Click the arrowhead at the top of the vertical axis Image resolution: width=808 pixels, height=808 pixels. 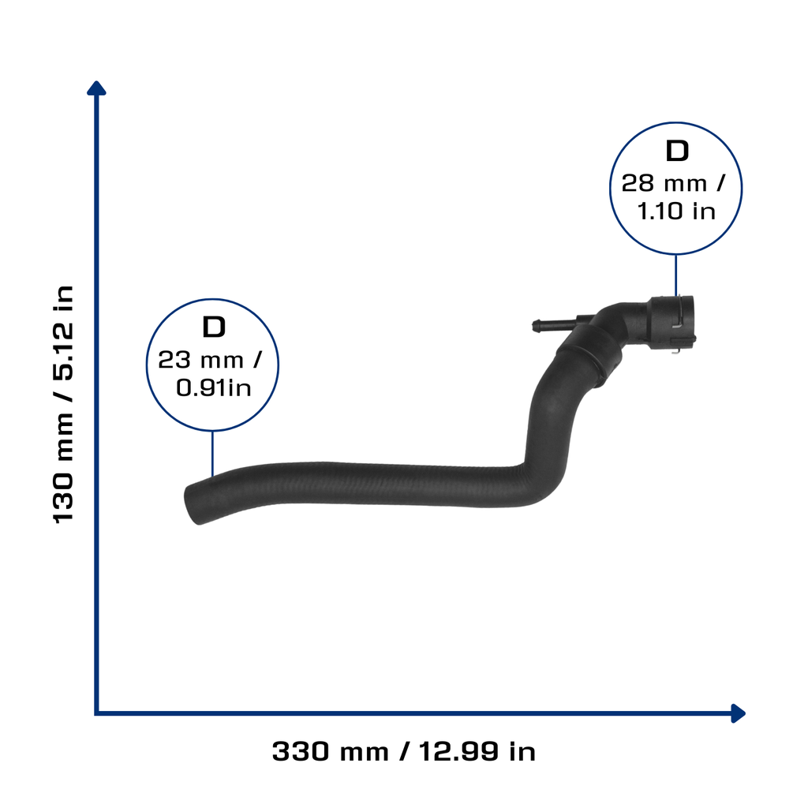coord(96,88)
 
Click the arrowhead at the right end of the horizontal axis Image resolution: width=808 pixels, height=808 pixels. coord(738,713)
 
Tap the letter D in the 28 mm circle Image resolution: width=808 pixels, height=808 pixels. coord(676,151)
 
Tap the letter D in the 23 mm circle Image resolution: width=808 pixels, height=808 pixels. coord(214,327)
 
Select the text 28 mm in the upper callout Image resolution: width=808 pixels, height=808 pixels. coord(664,183)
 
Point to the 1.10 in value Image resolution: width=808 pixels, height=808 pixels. coord(676,211)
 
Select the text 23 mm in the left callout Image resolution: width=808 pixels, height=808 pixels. coord(200,360)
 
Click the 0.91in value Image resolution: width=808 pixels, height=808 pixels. coord(213,387)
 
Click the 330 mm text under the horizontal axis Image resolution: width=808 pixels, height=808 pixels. coord(330,751)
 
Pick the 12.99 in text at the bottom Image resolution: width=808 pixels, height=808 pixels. coord(477,751)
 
